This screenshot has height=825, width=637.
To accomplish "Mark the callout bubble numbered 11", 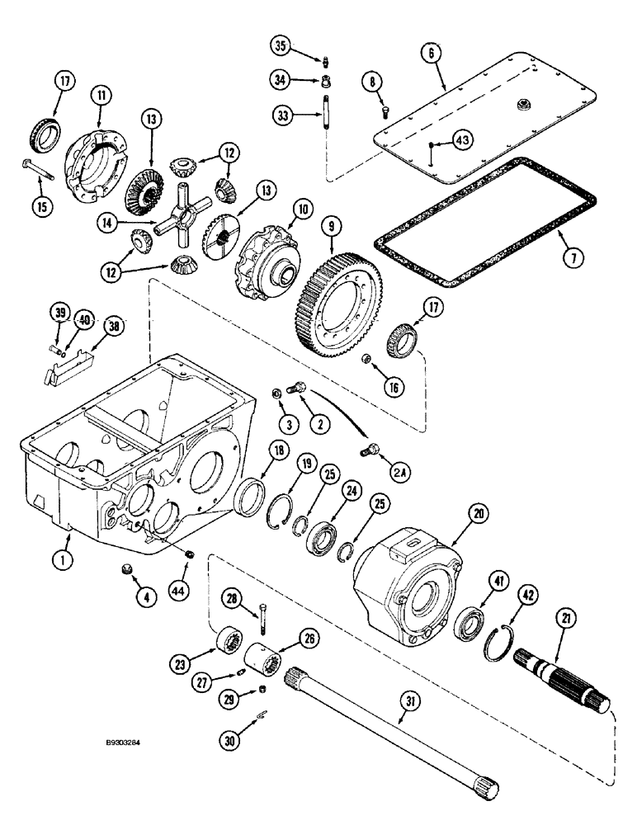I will pos(100,97).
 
